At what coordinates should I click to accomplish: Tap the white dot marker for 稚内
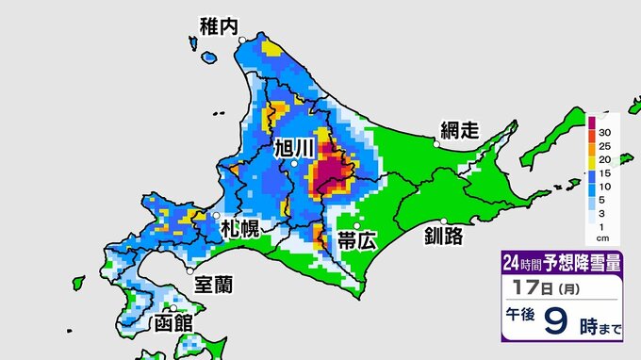[x=241, y=39]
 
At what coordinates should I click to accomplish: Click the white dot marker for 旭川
[x=295, y=164]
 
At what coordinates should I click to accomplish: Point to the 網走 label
[x=462, y=130]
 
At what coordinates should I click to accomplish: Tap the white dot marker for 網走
[x=436, y=145]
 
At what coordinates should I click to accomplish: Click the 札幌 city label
[x=240, y=228]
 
